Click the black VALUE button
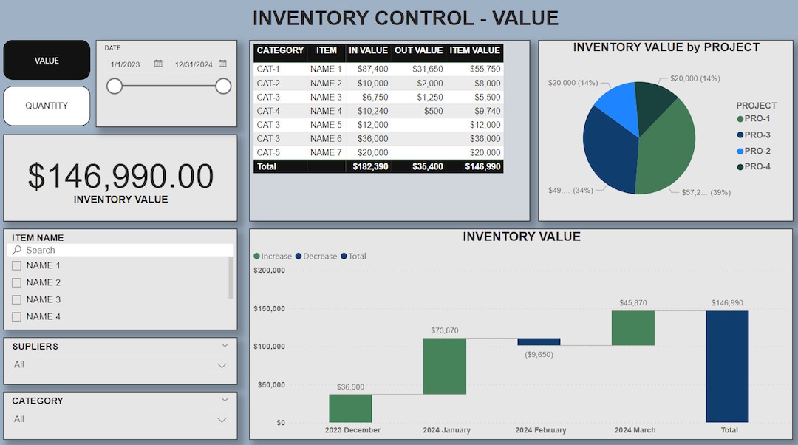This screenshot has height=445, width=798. click(x=47, y=61)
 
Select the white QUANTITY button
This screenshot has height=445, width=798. click(x=47, y=106)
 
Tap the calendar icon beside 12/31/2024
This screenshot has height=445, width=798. click(x=222, y=64)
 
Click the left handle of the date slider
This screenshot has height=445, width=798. click(x=115, y=86)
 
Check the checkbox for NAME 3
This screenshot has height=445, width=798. click(x=16, y=300)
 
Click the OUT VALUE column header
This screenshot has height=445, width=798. click(x=419, y=51)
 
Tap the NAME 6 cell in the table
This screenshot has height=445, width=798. click(x=326, y=139)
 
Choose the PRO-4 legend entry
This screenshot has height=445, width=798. click(x=757, y=166)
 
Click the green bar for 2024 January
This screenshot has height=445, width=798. click(x=445, y=366)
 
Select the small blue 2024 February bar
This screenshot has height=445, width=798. click(x=539, y=342)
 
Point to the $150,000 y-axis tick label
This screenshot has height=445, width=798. click(x=269, y=308)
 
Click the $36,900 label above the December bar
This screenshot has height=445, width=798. click(x=350, y=387)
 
